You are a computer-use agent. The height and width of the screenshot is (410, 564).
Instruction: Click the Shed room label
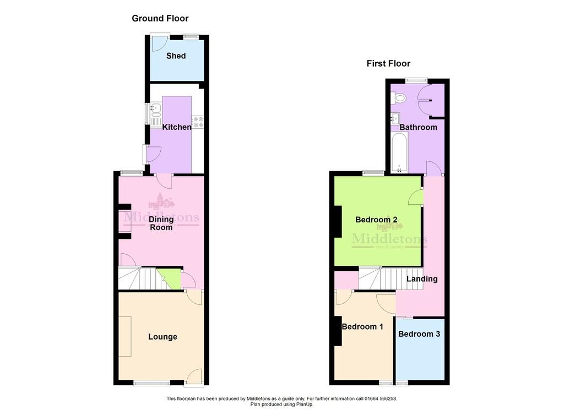[x=176, y=56]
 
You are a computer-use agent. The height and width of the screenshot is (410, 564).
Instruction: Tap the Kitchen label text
[x=177, y=127]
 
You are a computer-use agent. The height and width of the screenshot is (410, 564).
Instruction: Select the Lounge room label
[x=162, y=337]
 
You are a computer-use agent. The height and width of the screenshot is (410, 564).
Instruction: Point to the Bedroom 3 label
[x=419, y=334]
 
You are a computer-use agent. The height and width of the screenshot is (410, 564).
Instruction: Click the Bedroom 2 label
[x=376, y=220]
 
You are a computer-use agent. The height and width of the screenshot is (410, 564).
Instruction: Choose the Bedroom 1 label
[x=362, y=327]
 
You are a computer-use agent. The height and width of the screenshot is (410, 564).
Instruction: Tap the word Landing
[x=422, y=279]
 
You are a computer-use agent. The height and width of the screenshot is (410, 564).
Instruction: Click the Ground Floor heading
[x=160, y=18]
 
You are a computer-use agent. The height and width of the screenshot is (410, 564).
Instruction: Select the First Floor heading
[x=388, y=64]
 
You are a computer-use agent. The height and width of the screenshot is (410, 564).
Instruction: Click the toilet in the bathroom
[x=399, y=97]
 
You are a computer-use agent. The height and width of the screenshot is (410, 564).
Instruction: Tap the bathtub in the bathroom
[x=399, y=152]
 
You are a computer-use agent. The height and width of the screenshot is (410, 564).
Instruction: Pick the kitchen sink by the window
[x=156, y=114]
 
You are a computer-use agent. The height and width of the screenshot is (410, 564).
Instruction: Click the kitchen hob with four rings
[x=198, y=122]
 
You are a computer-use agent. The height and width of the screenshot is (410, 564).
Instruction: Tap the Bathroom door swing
[x=433, y=168]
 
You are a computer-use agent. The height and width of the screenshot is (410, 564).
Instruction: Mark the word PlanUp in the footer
[x=304, y=404]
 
